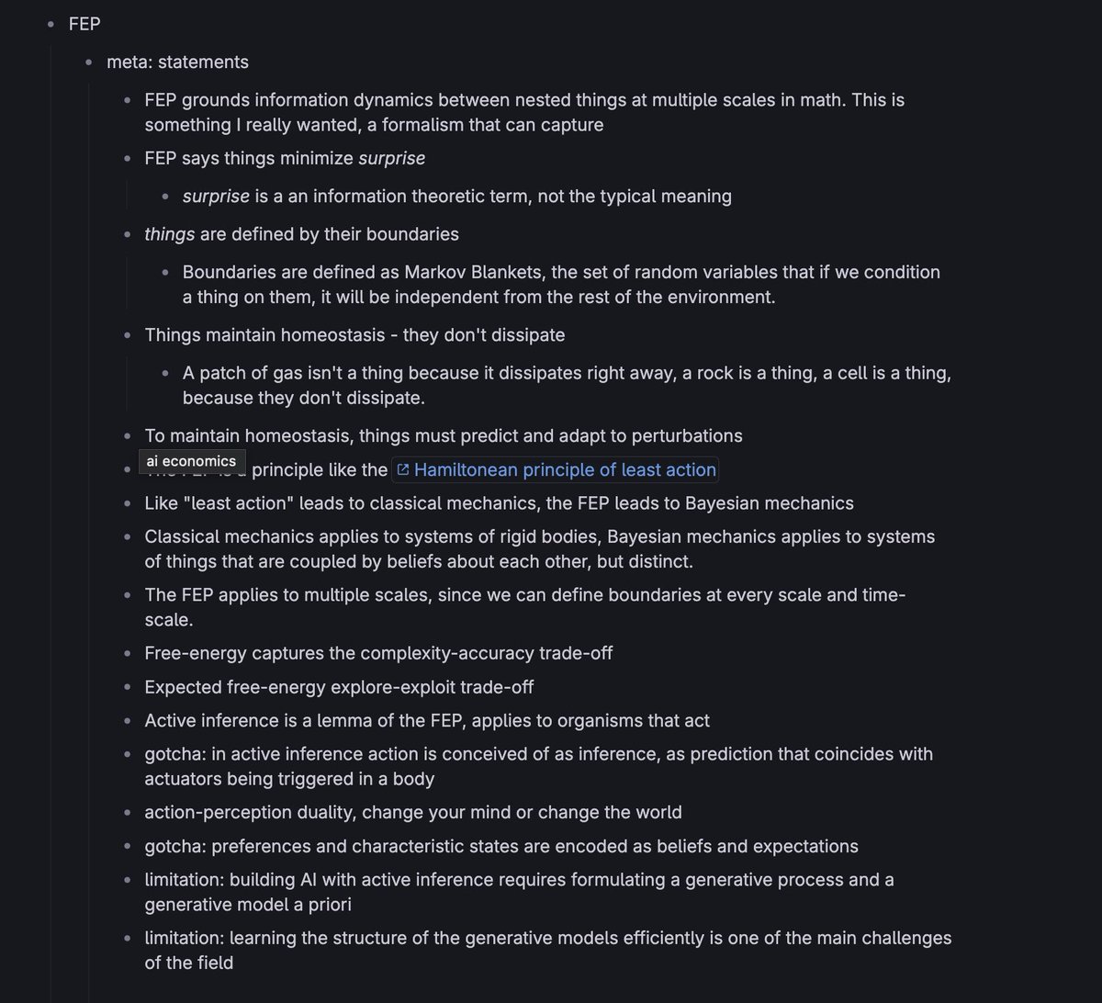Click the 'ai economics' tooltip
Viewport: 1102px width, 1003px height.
[x=191, y=461]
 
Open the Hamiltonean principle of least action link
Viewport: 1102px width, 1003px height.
[x=564, y=469]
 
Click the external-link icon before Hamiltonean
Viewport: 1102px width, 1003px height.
[x=402, y=469]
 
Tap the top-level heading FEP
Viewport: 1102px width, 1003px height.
[x=84, y=25]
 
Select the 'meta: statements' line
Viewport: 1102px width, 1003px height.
[x=177, y=62]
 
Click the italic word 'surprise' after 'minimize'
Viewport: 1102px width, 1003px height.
[x=392, y=158]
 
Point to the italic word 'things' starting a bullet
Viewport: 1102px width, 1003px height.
[x=170, y=233]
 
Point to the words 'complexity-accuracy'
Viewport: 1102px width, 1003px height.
[x=447, y=653]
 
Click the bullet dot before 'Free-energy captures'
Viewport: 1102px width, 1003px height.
[x=128, y=654]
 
